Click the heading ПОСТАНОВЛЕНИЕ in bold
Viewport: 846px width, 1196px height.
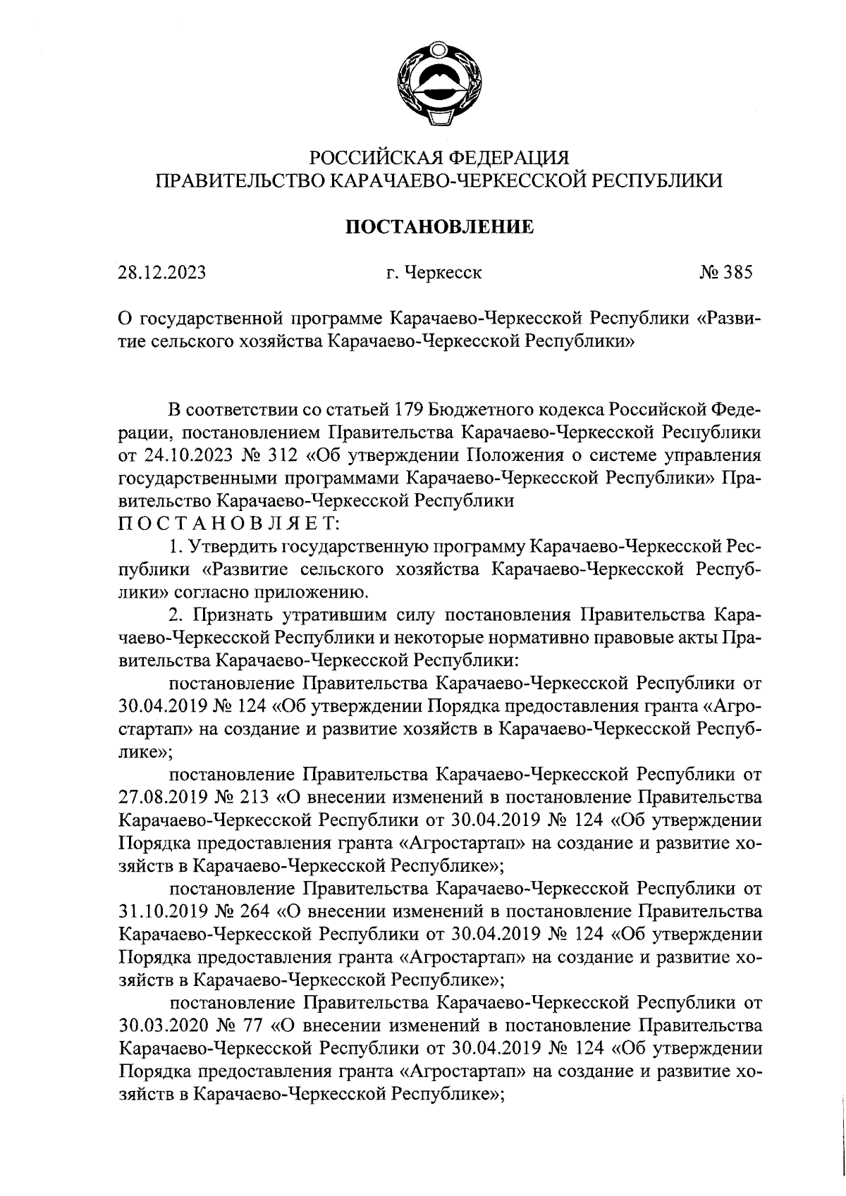(x=438, y=227)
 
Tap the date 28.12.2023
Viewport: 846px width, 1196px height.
(x=162, y=272)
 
